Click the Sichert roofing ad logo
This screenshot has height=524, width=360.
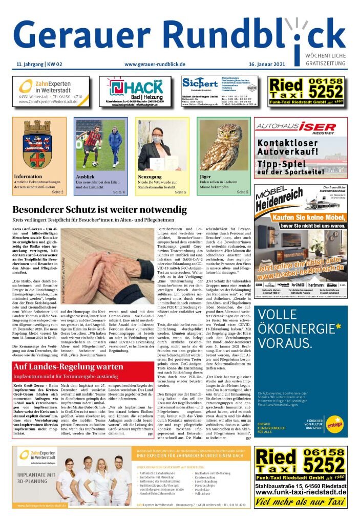click(200, 82)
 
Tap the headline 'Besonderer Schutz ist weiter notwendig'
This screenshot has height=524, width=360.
click(98, 210)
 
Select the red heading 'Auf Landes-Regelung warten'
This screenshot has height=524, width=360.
click(68, 367)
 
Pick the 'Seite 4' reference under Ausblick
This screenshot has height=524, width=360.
click(119, 192)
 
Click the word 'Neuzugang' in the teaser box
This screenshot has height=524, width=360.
click(150, 177)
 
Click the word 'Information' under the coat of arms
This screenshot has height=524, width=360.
click(29, 177)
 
